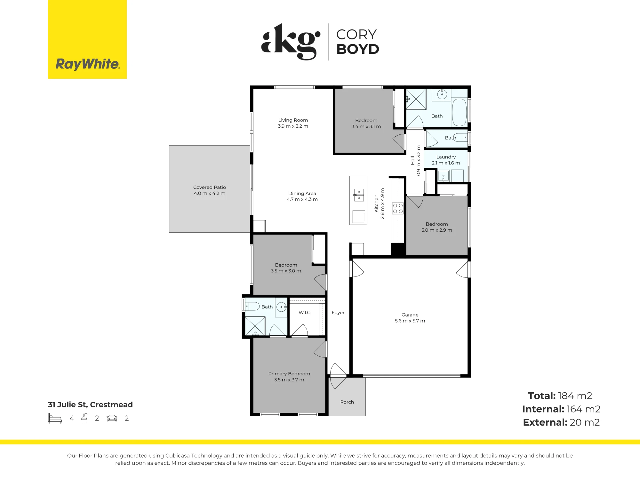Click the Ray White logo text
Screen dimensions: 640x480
87,64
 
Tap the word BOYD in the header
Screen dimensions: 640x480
358,49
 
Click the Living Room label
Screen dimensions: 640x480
293,120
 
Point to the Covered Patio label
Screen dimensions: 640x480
210,187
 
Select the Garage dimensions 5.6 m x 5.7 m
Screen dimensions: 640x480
410,321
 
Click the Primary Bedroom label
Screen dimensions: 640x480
289,374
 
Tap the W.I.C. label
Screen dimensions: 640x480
305,312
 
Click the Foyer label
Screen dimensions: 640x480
338,313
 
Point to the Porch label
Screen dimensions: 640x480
347,402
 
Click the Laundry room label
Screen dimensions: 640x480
446,157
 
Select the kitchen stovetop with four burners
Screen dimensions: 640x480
398,208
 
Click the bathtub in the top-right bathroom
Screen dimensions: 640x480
460,112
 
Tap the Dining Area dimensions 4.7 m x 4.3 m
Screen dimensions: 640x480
302,199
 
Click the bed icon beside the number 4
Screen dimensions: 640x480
55,418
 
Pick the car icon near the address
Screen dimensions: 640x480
112,418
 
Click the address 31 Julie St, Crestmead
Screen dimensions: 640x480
90,404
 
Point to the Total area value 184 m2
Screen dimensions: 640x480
575,396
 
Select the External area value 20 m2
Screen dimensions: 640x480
585,422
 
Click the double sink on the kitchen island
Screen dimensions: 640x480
359,195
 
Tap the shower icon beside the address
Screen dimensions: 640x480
84,418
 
